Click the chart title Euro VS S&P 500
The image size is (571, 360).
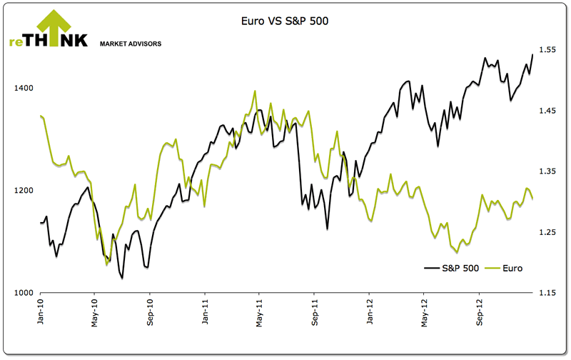[x=285, y=22]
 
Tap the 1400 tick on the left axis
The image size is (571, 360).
[x=24, y=88]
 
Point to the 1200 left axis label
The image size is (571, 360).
[x=24, y=191]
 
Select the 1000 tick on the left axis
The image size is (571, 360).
[x=24, y=293]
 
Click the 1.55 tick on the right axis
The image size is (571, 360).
[x=548, y=50]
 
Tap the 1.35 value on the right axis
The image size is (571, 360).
[x=548, y=171]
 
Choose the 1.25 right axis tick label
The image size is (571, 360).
[x=548, y=232]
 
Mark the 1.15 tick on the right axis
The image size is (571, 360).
[x=548, y=293]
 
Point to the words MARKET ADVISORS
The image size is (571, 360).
[x=131, y=44]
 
